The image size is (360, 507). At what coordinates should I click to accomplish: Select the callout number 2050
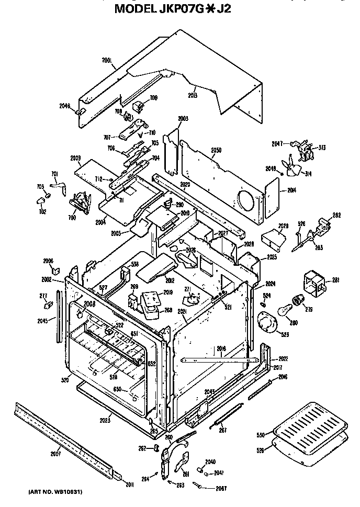click(216, 150)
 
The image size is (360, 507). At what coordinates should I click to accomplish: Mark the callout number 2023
click(106, 420)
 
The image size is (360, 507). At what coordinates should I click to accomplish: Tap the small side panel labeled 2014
click(272, 196)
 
